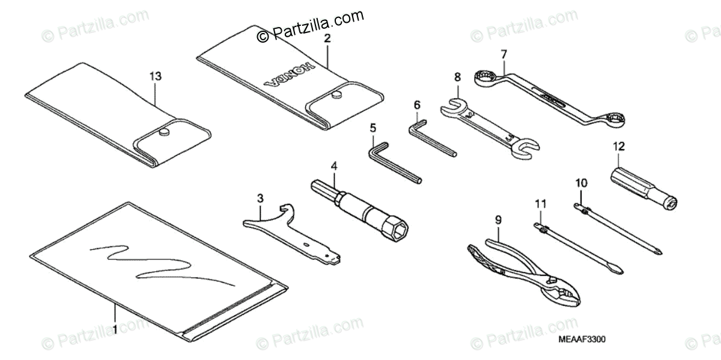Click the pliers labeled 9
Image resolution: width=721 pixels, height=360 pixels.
[523, 264]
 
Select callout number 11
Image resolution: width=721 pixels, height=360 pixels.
[541, 204]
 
